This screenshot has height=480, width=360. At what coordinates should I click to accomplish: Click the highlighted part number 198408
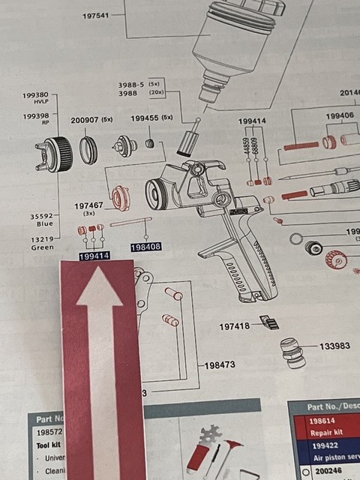click(x=145, y=247)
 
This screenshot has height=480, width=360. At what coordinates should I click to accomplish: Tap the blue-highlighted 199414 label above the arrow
click(x=94, y=256)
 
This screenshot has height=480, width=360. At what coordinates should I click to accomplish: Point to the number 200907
click(x=86, y=120)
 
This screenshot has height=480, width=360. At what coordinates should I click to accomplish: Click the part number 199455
click(x=146, y=118)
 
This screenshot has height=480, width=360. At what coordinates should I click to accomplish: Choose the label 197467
click(x=88, y=205)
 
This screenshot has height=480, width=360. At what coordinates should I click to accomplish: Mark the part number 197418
click(x=235, y=326)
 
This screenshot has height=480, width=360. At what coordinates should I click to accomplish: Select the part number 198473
click(x=221, y=365)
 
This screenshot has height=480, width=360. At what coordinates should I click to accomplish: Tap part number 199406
click(x=340, y=116)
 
